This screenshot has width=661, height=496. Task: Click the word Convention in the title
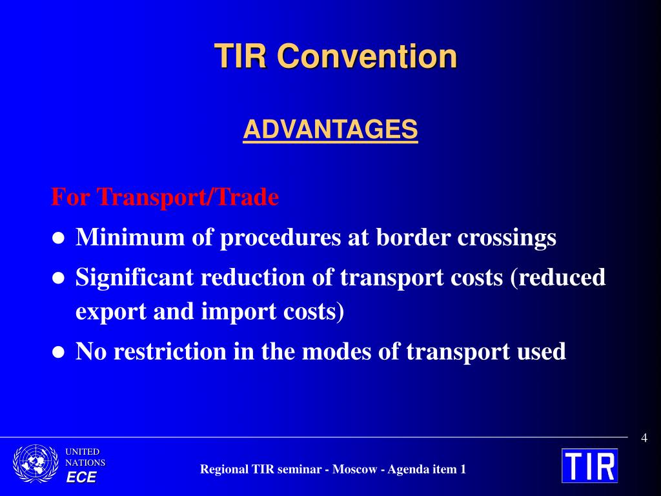pos(367,56)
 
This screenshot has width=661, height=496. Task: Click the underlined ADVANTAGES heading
pos(330,129)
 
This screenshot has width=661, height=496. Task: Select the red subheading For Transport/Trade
pos(165,197)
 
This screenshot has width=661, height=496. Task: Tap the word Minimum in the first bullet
pos(130,236)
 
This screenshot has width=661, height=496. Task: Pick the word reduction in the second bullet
pos(253,278)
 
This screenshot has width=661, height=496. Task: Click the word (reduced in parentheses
pos(558,278)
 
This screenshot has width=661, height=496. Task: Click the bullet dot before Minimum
pos(58,238)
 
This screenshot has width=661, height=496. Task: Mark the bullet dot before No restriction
pos(58,352)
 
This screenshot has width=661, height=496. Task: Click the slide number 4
pos(644,439)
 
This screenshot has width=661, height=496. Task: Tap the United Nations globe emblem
pos(36,463)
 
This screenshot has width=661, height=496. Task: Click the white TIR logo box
pos(590,466)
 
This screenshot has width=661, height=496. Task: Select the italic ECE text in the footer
pos(81,477)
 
